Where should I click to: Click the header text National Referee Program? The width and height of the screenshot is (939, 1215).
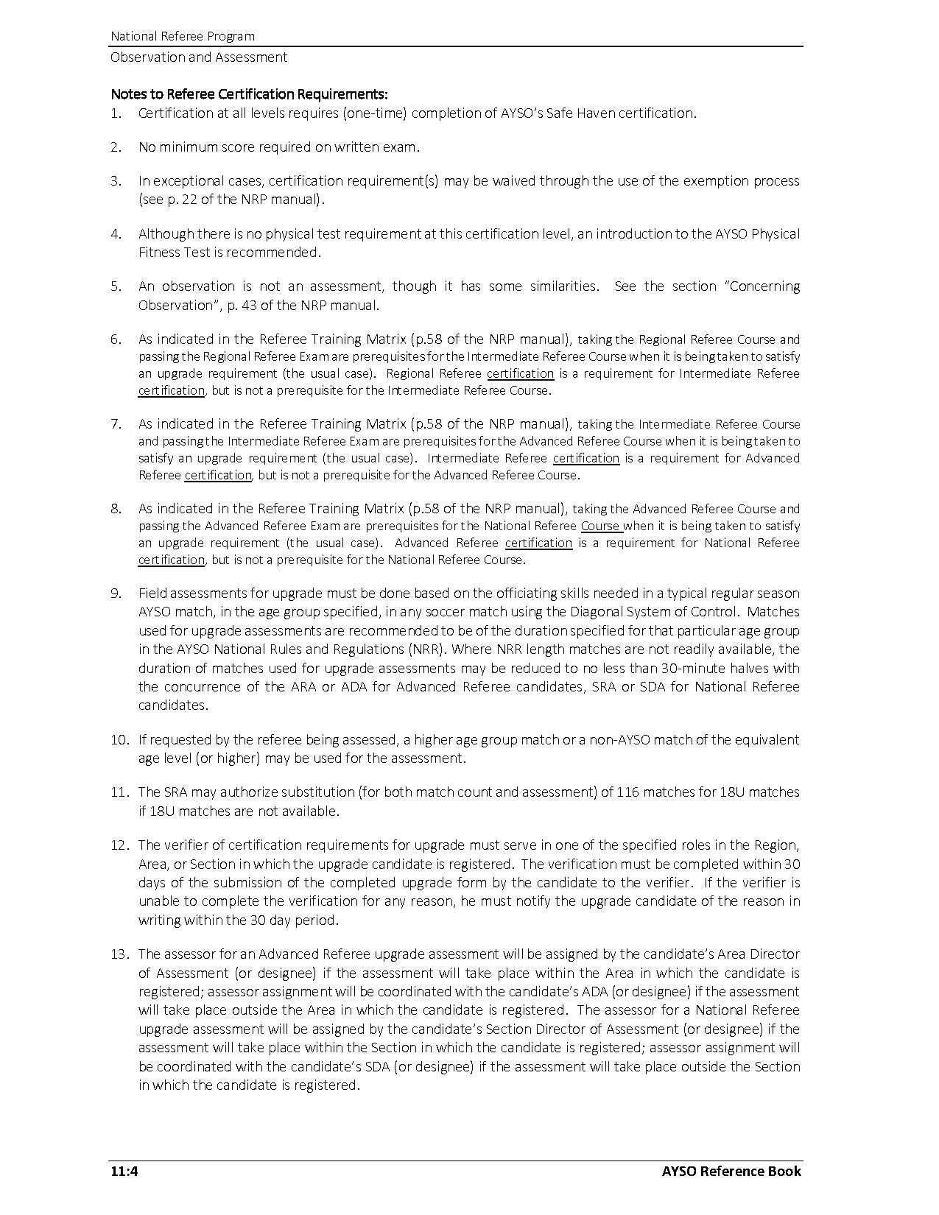point(183,36)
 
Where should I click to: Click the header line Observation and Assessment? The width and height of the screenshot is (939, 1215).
point(199,57)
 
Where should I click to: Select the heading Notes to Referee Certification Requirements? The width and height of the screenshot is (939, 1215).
point(249,94)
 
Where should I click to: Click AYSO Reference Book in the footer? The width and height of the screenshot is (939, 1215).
point(731,1171)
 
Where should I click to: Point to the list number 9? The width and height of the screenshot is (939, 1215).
point(116,594)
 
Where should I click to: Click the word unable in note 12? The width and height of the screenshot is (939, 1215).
point(158,901)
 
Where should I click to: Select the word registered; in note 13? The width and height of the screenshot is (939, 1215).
point(175,992)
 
